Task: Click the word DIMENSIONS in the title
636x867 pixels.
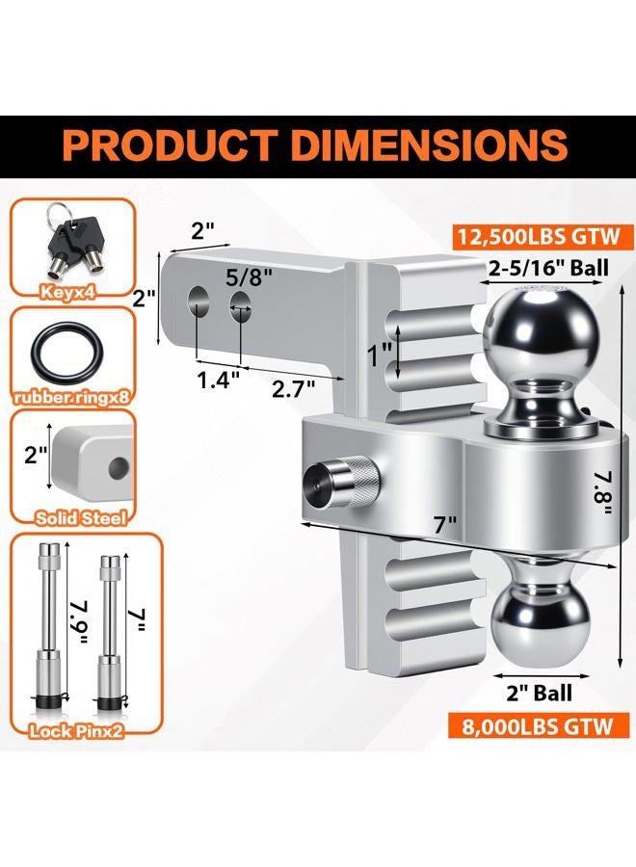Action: (x=429, y=145)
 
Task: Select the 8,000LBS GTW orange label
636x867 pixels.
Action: (x=538, y=725)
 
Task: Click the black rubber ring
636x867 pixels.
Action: (x=66, y=353)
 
